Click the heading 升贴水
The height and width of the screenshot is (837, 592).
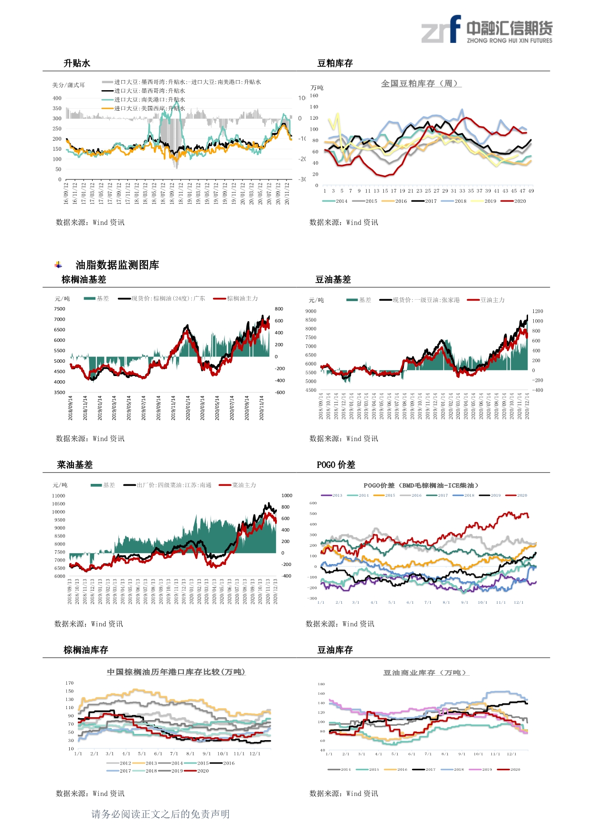point(77,63)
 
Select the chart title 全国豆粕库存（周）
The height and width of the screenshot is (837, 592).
point(421,84)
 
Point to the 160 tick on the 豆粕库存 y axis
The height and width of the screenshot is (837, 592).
point(314,95)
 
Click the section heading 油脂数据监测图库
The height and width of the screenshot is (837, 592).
point(117,265)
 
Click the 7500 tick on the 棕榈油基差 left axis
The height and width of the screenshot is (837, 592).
point(60,309)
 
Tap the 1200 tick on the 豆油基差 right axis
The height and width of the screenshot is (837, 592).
point(538,311)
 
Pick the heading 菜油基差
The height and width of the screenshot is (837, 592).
point(74,465)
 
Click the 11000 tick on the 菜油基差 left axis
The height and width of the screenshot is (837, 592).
point(59,496)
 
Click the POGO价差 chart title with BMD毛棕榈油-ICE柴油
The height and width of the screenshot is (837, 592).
point(421,485)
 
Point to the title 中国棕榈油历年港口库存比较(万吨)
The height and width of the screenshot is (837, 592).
point(176,672)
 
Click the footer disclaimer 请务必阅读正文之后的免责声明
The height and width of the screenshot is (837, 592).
point(160,814)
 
